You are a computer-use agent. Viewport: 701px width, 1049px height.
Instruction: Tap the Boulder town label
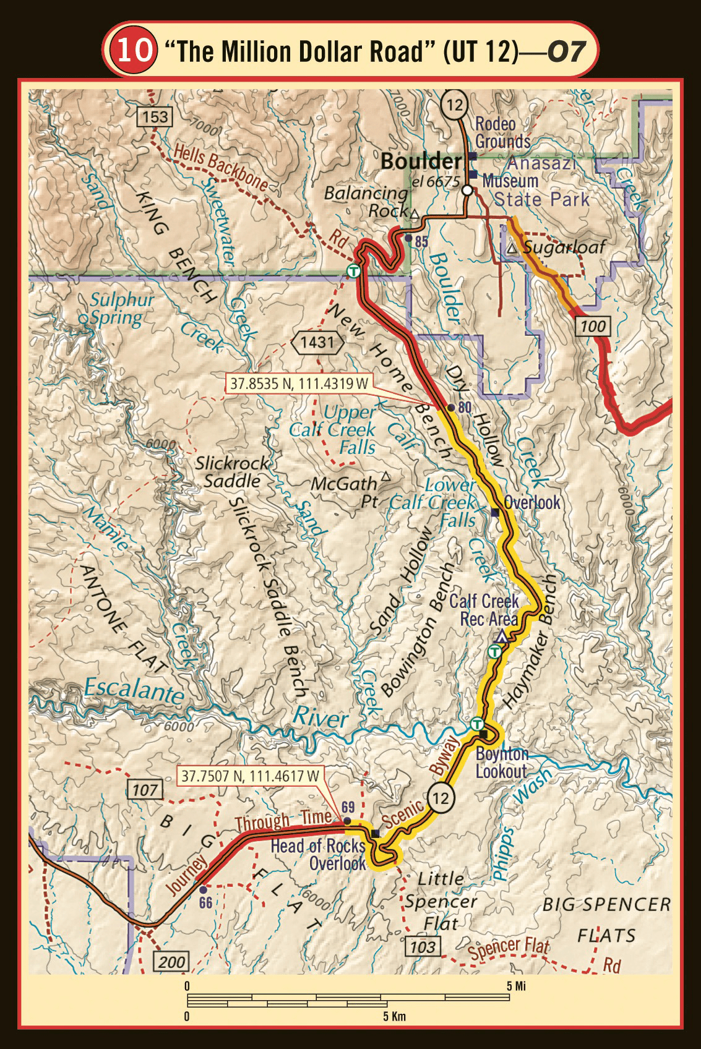[x=421, y=162]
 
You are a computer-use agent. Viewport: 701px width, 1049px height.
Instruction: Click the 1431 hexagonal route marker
[x=317, y=341]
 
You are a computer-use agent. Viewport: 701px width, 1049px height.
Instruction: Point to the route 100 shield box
[x=593, y=326]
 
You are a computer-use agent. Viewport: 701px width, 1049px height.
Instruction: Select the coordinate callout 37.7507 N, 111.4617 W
[x=251, y=775]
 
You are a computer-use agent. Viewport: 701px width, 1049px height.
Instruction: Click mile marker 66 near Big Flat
[x=203, y=889]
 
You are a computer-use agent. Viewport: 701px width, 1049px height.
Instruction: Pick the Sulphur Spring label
[x=116, y=309]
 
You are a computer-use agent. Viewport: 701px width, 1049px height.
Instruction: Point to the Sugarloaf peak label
[x=563, y=248]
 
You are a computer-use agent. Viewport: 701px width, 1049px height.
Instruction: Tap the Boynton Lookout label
[x=501, y=763]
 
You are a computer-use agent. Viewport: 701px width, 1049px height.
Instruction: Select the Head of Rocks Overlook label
[x=319, y=854]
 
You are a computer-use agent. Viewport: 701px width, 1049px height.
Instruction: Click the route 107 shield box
[x=145, y=789]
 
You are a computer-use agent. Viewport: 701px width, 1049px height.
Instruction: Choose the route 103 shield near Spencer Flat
[x=423, y=946]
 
